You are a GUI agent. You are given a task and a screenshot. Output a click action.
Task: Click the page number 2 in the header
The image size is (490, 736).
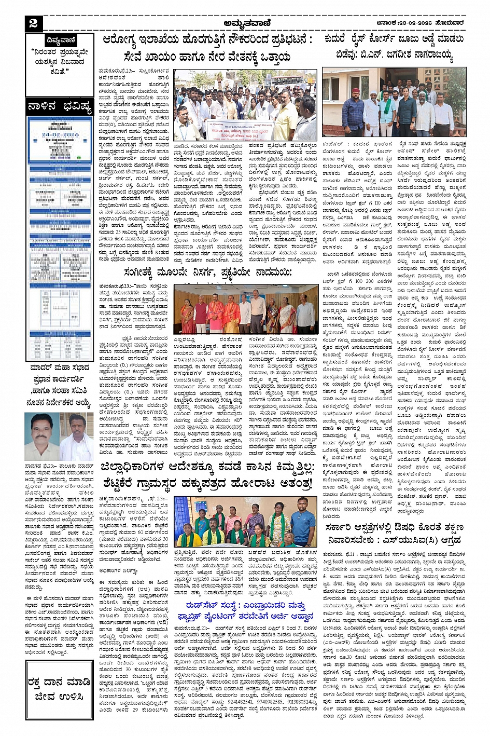click(34, 22)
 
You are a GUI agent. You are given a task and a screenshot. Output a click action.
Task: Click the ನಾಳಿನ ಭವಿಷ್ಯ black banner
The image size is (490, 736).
click(60, 107)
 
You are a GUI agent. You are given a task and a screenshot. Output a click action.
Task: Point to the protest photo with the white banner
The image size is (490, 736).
click(245, 106)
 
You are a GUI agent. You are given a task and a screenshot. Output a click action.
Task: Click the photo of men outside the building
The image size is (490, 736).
click(394, 102)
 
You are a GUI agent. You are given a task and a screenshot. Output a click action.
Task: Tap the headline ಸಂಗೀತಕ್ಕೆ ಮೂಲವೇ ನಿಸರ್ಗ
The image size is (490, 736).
click(207, 272)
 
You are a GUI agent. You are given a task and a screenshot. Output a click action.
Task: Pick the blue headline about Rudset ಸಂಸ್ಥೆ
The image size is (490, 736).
click(249, 610)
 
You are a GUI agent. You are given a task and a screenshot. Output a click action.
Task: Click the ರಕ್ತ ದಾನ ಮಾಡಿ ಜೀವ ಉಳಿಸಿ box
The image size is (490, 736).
click(60, 689)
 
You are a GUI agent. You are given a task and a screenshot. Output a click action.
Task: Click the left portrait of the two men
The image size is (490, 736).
click(41, 437)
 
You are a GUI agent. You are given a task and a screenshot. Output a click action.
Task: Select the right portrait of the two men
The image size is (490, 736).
click(77, 437)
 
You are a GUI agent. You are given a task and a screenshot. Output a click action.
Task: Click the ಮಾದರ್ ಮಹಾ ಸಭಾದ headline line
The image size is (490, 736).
click(59, 368)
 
